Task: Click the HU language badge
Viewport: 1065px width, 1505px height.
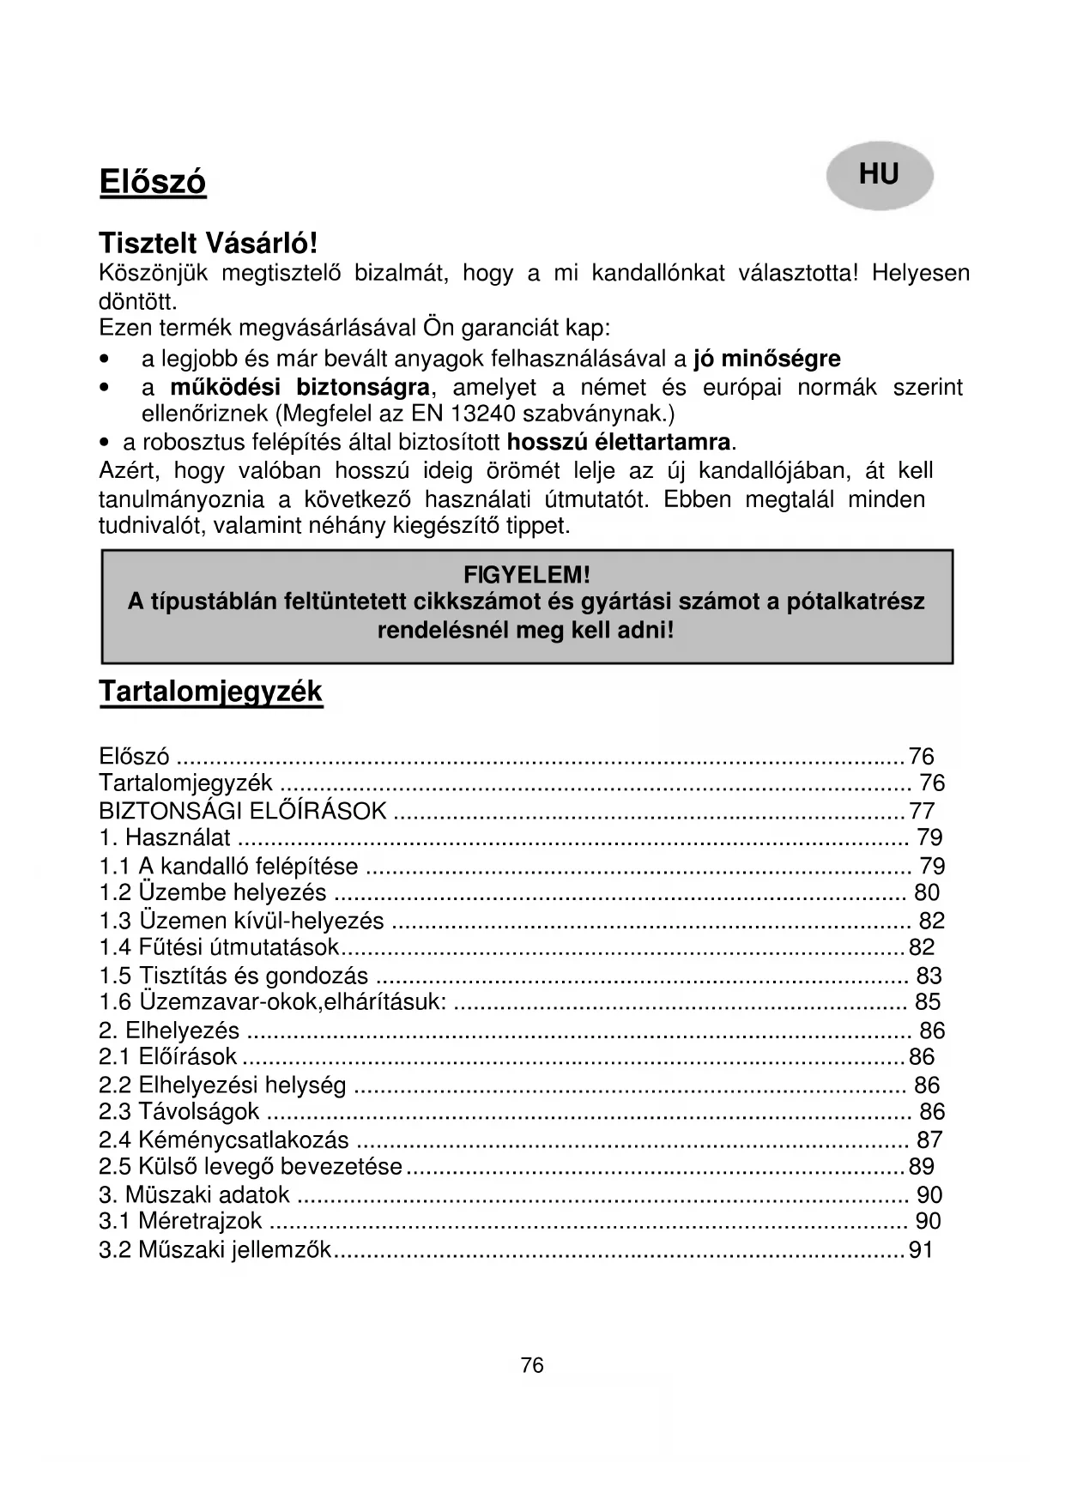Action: (879, 176)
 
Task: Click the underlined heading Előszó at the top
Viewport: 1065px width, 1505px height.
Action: (153, 183)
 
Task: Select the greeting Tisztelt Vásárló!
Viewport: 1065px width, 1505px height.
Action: (209, 244)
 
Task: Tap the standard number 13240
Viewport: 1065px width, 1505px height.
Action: (481, 414)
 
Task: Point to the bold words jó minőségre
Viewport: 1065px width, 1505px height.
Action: (767, 359)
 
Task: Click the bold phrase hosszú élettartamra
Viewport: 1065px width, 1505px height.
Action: (619, 443)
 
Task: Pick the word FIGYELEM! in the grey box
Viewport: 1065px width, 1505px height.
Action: (527, 574)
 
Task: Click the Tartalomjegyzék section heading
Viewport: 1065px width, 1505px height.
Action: (210, 692)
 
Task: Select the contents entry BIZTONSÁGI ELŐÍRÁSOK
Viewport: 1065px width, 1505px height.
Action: (243, 811)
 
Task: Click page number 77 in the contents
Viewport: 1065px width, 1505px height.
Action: (922, 811)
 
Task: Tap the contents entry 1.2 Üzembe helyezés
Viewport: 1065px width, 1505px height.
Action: (213, 893)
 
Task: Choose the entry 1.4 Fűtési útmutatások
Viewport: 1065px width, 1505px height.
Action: (220, 947)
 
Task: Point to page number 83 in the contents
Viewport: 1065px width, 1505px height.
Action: (929, 976)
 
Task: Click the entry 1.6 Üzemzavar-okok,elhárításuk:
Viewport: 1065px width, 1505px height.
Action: (272, 1002)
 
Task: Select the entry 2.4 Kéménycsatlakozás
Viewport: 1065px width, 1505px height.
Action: (224, 1140)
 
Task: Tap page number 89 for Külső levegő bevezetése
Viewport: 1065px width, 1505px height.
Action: (922, 1167)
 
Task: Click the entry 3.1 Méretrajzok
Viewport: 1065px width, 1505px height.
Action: (180, 1222)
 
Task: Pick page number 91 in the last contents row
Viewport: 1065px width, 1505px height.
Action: (921, 1250)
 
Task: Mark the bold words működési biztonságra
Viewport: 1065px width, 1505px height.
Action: (300, 387)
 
